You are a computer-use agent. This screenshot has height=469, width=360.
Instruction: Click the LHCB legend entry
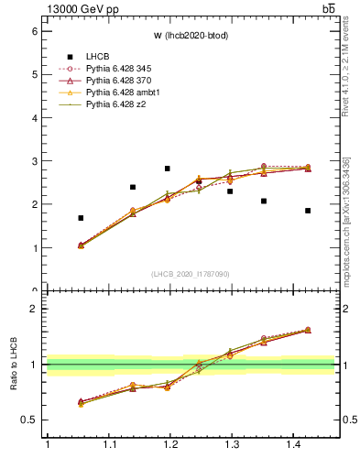coord(97,57)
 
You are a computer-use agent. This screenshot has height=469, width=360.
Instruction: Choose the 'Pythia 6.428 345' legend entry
coord(122,69)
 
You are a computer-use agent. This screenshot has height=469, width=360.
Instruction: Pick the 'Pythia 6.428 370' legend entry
coord(122,81)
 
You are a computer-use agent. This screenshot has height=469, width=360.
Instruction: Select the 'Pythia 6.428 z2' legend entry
coord(118,104)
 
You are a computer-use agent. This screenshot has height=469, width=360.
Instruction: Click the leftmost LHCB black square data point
coord(81,218)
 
